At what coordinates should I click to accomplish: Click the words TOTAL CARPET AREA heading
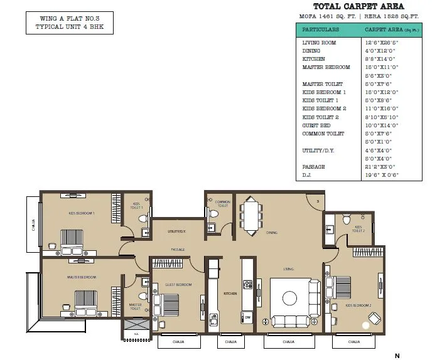coord(358,7)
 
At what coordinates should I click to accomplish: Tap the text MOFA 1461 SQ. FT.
coord(327,18)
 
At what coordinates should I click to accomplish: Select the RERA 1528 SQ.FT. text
coord(389,18)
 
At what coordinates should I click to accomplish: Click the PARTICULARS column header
coord(320,29)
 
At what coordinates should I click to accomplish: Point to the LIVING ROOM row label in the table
coord(319,43)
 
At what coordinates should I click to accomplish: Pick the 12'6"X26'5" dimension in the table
coord(381,43)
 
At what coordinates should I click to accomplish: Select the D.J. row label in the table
coord(308,176)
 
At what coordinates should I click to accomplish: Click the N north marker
coord(397,356)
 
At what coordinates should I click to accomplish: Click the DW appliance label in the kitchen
coord(248,317)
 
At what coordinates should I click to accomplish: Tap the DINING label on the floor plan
coord(271,232)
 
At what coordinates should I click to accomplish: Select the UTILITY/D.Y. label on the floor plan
coord(176,231)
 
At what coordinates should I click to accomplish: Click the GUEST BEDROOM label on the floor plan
coord(178,284)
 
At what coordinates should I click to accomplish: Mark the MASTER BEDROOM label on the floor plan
coord(82,277)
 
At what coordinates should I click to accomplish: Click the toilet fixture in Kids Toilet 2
coord(346,220)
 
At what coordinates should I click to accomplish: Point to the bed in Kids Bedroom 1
coord(75,240)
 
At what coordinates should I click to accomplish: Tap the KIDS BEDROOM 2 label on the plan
coord(358,305)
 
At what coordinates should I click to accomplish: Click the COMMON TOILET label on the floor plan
coord(223,204)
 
